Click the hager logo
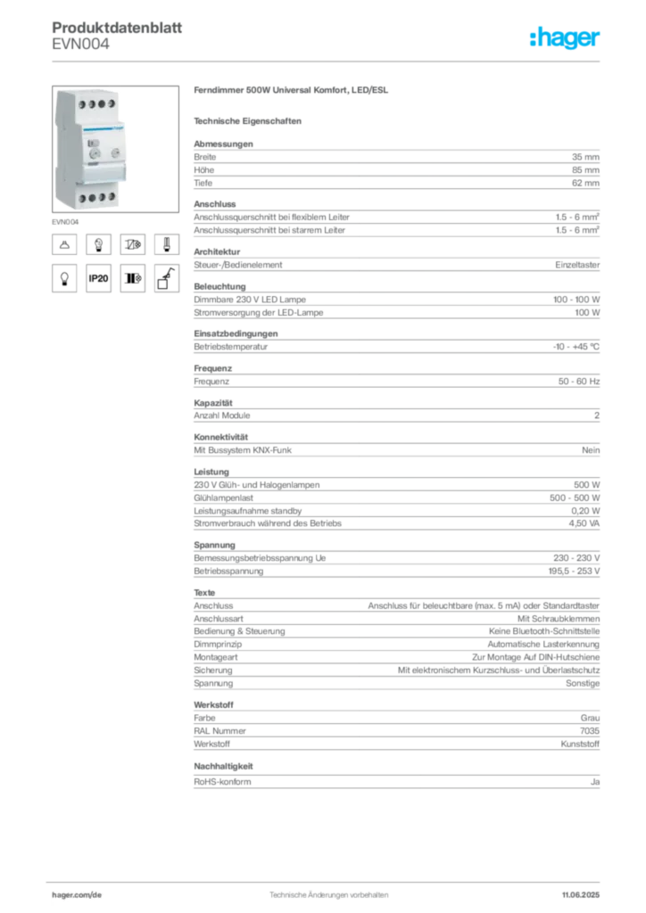[x=565, y=37]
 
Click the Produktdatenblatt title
[x=117, y=28]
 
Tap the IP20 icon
[x=98, y=278]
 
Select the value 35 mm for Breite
[x=585, y=157]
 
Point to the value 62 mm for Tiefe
[x=585, y=183]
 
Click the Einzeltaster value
[x=577, y=264]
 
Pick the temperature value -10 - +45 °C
[x=576, y=347]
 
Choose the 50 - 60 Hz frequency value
[x=579, y=382]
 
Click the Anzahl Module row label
[x=222, y=415]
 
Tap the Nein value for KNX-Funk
[x=591, y=450]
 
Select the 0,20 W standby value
[x=585, y=511]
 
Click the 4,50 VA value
[x=584, y=523]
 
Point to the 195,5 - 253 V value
[x=574, y=572]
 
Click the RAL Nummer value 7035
[x=590, y=731]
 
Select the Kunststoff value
[x=580, y=744]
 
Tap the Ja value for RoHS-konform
[x=595, y=782]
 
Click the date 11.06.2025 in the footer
[x=581, y=895]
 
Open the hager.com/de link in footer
[x=77, y=895]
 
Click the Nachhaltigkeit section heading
[x=223, y=766]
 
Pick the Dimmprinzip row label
[x=218, y=644]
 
